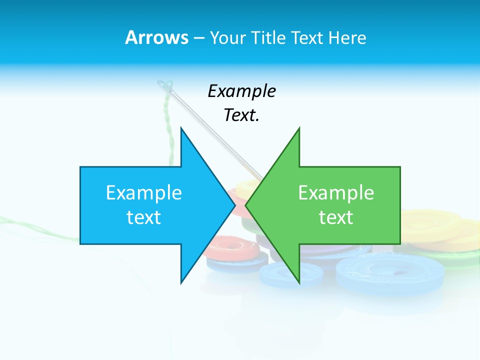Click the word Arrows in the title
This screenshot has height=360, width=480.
click(x=156, y=37)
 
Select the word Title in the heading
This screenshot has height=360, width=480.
click(x=267, y=37)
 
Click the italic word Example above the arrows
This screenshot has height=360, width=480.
click(x=241, y=91)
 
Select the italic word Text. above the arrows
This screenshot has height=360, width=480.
click(x=241, y=115)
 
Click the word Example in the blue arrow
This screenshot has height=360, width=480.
click(x=144, y=192)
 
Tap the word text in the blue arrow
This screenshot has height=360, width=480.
click(x=144, y=217)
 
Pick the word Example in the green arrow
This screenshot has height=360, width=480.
click(x=336, y=192)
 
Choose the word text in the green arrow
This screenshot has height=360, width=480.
click(x=336, y=217)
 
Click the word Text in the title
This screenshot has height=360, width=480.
click(x=307, y=37)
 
